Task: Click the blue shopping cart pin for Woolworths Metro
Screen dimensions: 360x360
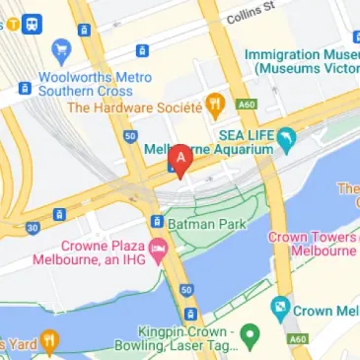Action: (62, 49)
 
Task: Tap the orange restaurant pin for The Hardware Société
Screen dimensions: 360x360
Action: (215, 104)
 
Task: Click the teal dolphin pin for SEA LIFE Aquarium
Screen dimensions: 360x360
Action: (286, 139)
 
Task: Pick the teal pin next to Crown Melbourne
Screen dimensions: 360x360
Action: (281, 309)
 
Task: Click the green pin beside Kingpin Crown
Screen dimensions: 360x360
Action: (251, 336)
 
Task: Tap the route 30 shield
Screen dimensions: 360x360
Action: (33, 228)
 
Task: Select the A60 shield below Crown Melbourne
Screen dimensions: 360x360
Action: (297, 339)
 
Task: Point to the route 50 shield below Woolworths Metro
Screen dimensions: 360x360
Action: (129, 135)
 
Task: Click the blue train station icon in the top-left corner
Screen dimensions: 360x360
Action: (32, 21)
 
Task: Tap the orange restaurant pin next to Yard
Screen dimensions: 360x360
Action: (49, 340)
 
